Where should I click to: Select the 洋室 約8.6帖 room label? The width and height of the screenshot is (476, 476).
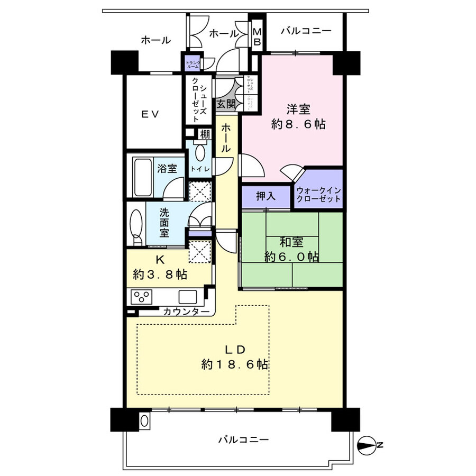[x=298, y=117]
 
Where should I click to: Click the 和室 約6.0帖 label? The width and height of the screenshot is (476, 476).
[x=291, y=250]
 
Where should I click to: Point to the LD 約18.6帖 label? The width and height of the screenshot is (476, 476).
[x=234, y=357]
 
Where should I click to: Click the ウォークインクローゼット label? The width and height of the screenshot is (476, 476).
[x=318, y=196]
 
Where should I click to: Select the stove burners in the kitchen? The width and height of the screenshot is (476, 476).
[x=142, y=297]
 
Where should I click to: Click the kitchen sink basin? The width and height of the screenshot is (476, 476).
[x=188, y=297]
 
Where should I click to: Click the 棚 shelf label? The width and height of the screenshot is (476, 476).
[x=204, y=134]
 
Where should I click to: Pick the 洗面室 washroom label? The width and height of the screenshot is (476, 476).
[x=165, y=222]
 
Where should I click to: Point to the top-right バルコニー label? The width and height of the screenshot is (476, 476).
[x=306, y=31]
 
